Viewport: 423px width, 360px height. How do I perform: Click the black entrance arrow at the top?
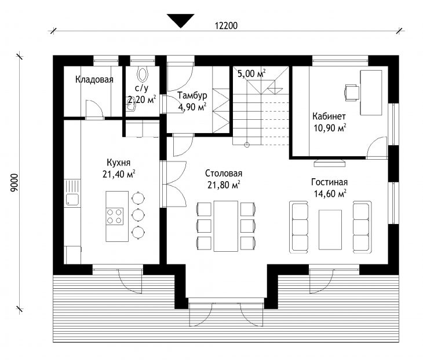tap(180, 20)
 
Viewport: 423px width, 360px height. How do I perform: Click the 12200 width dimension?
tap(226, 25)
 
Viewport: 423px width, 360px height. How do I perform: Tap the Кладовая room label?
tap(94, 79)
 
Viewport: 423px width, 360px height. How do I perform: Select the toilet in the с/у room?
tap(143, 74)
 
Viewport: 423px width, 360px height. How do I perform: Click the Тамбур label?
tap(192, 95)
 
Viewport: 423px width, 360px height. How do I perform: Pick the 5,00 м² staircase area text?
tap(251, 74)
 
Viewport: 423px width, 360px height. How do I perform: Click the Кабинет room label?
tap(329, 116)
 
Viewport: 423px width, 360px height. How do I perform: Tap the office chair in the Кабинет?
tap(352, 93)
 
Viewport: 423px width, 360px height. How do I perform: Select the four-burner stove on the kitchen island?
tap(115, 216)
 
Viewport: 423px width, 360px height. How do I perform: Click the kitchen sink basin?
tap(72, 200)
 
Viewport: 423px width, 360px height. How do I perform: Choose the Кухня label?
tap(118, 163)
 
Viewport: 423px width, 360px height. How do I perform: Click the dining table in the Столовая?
tap(226, 226)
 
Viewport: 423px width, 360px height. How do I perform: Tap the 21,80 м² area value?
tap(224, 185)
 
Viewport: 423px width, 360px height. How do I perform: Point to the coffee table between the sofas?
tap(330, 230)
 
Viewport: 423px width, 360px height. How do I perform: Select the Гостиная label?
tap(329, 182)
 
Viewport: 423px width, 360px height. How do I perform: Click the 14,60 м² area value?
tap(330, 193)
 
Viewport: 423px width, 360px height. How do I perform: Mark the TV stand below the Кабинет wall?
tap(330, 163)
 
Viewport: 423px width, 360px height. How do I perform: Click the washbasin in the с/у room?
tap(132, 106)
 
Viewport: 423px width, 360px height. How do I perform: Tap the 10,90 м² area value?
tap(330, 128)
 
